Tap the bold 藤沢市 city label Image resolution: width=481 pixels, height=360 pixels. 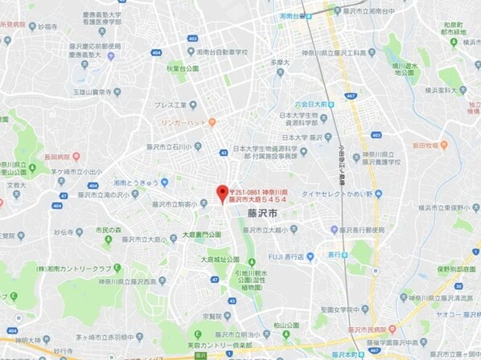pyautogui.click(x=262, y=215)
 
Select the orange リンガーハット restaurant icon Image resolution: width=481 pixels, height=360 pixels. pyautogui.click(x=212, y=123)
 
